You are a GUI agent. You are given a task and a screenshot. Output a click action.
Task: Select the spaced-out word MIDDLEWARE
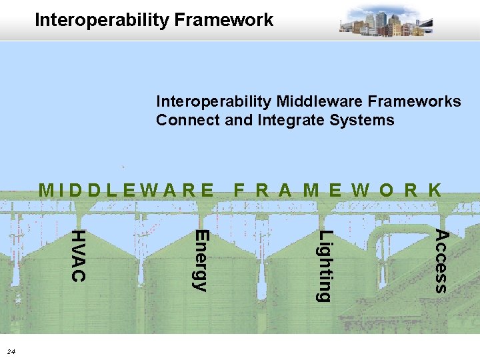pyautogui.click(x=127, y=190)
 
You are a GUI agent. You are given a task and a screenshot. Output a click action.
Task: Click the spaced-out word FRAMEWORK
pyautogui.click(x=337, y=190)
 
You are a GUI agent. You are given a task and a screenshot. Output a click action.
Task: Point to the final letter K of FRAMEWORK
pyautogui.click(x=434, y=190)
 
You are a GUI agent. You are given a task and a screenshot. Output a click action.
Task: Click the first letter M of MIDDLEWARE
pyautogui.click(x=47, y=190)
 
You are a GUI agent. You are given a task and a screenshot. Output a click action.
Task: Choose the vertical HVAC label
pyautogui.click(x=78, y=255)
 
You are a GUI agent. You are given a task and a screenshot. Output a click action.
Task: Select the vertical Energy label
pyautogui.click(x=201, y=260)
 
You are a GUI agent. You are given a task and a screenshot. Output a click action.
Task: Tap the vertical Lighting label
pyautogui.click(x=323, y=265)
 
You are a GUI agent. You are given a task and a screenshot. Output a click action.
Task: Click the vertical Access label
pyautogui.click(x=441, y=261)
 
